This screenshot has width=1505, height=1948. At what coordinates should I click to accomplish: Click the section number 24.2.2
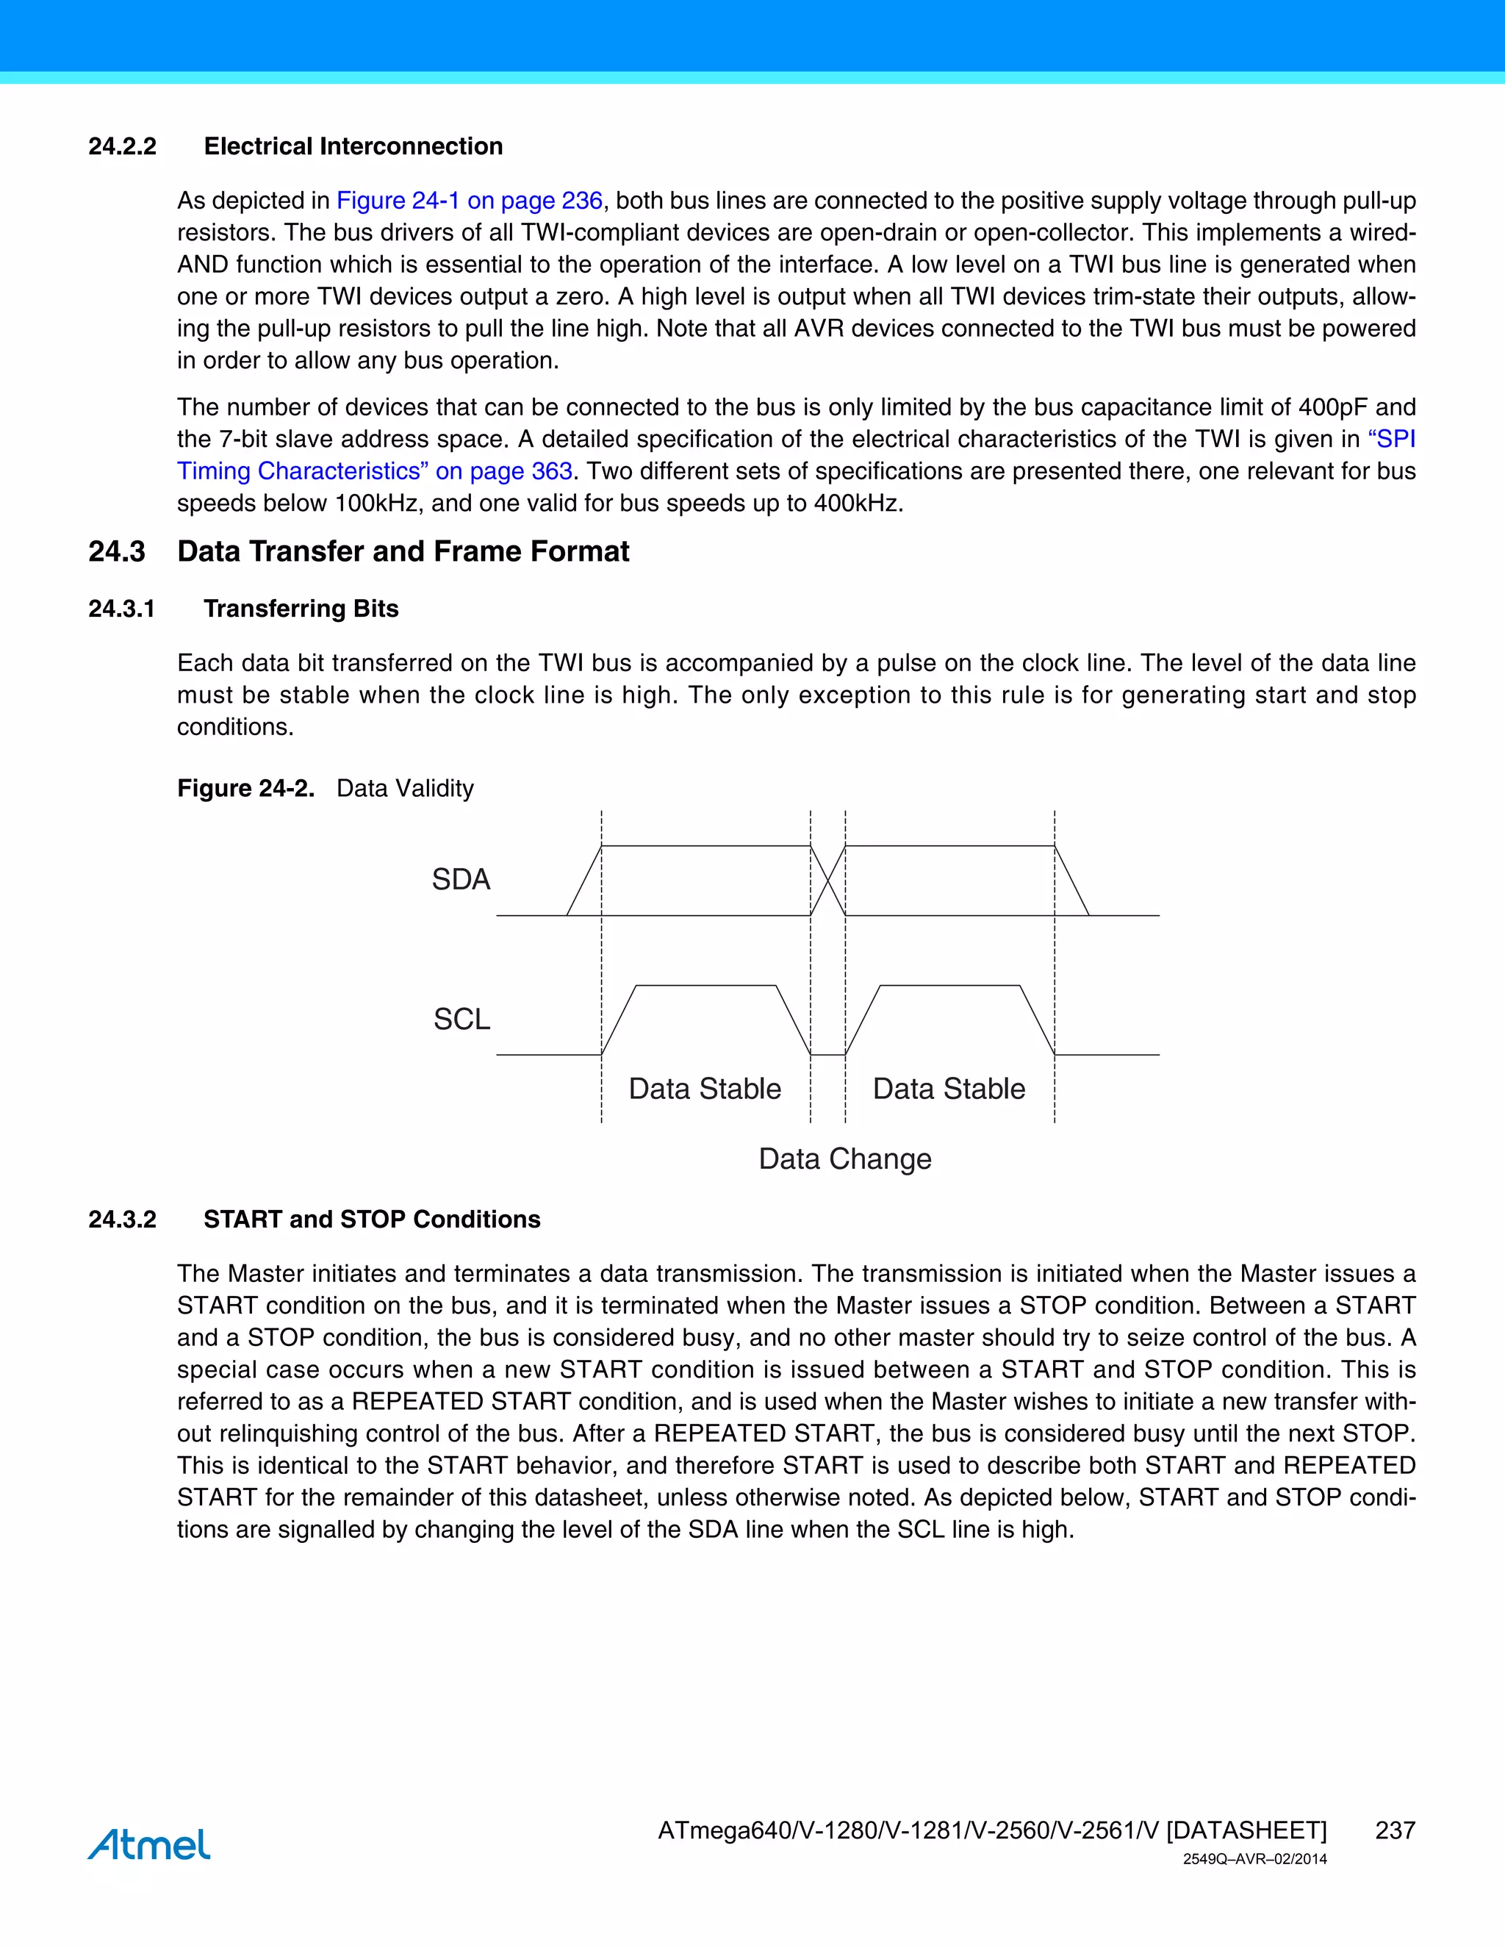[x=122, y=146]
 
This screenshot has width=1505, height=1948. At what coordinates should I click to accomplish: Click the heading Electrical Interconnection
[x=353, y=146]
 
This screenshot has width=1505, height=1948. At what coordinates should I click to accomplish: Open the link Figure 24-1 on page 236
[x=469, y=201]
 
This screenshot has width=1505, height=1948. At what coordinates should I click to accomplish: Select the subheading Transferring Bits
[x=301, y=609]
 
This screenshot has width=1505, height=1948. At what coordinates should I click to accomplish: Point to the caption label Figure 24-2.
[x=245, y=789]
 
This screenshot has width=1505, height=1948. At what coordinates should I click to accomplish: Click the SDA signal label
[x=461, y=879]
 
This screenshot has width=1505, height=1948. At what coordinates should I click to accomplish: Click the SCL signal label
[x=461, y=1019]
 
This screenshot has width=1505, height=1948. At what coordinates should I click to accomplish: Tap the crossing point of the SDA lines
[x=828, y=881]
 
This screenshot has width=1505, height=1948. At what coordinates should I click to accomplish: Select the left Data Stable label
[x=704, y=1089]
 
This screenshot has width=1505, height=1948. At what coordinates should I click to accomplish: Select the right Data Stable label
[x=949, y=1089]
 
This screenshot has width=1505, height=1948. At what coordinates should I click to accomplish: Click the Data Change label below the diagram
[x=844, y=1159]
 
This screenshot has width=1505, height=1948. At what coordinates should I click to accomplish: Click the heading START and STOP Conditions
[x=372, y=1220]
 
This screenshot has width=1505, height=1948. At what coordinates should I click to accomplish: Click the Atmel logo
[x=149, y=1844]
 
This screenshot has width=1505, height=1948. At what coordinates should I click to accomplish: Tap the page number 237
[x=1395, y=1830]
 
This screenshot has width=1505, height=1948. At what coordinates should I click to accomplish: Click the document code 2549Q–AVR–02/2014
[x=1254, y=1860]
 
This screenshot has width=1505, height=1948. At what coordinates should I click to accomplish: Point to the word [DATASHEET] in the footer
[x=1246, y=1830]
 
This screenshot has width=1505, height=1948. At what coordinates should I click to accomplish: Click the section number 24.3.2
[x=122, y=1220]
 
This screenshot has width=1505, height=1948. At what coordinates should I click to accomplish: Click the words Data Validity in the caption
[x=405, y=789]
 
